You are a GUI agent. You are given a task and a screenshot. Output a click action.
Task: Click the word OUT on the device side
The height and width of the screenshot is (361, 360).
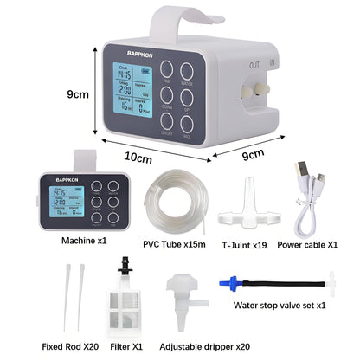pyautogui.click(x=253, y=63)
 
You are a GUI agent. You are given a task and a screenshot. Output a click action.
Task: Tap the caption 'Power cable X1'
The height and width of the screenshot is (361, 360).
pyautogui.click(x=307, y=244)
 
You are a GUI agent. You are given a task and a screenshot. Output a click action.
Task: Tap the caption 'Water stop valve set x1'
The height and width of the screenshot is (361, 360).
pyautogui.click(x=280, y=306)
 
